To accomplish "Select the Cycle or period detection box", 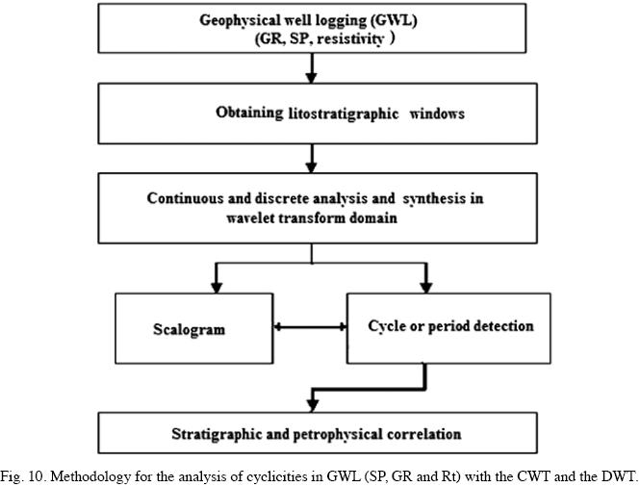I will [450, 326].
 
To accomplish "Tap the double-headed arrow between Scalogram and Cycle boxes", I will [310, 327].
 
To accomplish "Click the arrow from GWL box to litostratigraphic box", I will [311, 66].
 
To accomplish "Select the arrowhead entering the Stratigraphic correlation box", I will [311, 402].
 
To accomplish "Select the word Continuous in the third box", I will [181, 198].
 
